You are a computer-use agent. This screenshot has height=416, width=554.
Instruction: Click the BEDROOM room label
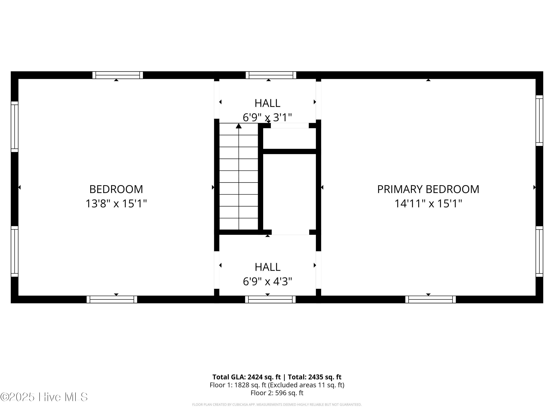click(x=116, y=189)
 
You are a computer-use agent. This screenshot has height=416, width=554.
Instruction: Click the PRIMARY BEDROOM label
click(x=428, y=189)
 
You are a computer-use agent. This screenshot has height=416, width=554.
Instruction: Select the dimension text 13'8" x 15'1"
click(x=116, y=204)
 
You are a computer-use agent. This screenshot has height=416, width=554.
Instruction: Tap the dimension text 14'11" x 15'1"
click(x=428, y=204)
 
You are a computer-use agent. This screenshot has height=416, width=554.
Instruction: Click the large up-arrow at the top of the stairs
click(x=239, y=126)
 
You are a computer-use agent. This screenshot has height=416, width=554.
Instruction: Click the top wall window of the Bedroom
click(x=117, y=75)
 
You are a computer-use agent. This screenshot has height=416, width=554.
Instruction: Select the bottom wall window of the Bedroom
click(x=112, y=299)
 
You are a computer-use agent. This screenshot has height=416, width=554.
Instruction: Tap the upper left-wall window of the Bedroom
click(x=15, y=127)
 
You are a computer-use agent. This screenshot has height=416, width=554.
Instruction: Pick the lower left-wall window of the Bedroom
click(x=15, y=251)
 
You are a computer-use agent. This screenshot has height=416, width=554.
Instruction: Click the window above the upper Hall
click(x=271, y=75)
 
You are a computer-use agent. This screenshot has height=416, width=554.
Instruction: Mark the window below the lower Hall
click(x=270, y=299)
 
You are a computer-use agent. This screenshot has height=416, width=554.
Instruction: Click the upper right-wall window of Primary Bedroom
click(x=539, y=120)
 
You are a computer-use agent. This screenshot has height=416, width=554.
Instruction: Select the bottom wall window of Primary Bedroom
click(x=430, y=299)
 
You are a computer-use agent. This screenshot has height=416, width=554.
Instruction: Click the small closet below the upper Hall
click(x=289, y=138)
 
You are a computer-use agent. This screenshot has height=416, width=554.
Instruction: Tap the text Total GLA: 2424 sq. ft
click(x=247, y=377)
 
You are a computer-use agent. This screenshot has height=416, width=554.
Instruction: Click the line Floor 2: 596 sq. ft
click(x=277, y=393)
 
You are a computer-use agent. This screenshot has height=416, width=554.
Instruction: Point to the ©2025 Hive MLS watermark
click(x=44, y=397)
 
